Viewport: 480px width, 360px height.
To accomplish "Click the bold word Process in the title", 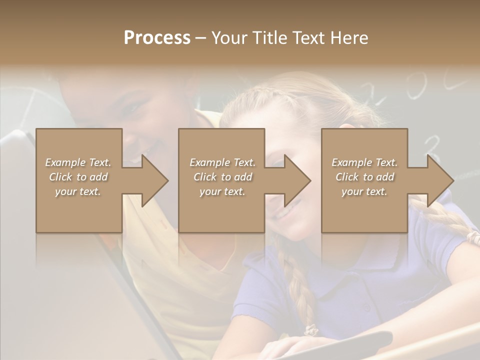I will pos(157,38).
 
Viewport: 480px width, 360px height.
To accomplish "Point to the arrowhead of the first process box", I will pos(154,180).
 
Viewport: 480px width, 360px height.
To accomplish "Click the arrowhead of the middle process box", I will pos(297,180).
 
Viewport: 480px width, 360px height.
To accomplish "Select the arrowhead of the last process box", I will pos(440,180).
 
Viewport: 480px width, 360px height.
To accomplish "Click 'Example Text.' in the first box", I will pos(78,162).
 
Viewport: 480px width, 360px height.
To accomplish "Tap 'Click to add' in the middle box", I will pos(222,177).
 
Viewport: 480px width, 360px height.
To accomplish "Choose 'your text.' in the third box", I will pos(364,191).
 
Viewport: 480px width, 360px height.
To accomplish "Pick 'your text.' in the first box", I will pos(78,191).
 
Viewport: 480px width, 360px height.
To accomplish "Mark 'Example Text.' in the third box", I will pos(364,162).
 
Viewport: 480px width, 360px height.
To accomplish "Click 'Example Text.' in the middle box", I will pos(222,162).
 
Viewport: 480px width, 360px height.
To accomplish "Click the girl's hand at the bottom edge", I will pos(290,347).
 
